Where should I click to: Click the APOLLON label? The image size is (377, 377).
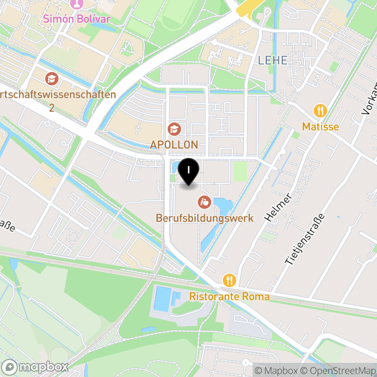174,145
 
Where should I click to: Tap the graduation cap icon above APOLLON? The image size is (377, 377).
174,129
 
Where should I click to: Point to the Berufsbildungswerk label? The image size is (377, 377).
205,218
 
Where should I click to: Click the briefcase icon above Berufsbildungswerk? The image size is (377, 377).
205,203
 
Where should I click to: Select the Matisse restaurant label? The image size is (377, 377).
320,127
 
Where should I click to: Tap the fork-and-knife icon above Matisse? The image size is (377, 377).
320,111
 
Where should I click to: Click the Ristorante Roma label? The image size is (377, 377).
229,296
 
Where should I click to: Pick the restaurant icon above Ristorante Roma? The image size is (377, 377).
229,281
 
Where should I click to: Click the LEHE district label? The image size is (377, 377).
269,60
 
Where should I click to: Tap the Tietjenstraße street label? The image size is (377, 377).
305,238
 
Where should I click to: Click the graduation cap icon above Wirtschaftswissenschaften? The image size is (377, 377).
51,78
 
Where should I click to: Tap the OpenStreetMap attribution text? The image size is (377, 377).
338,371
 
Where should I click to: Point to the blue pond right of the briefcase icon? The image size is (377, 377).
223,205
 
